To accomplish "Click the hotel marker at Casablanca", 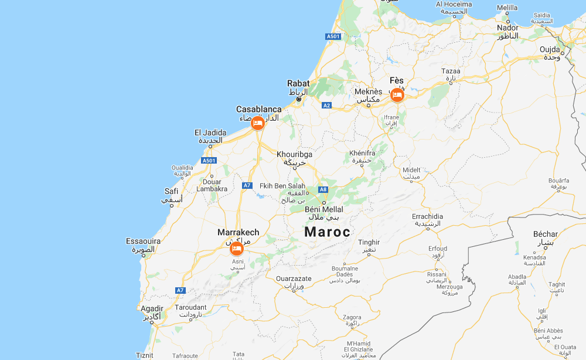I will click(x=257, y=123).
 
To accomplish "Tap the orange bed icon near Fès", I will click(x=397, y=94).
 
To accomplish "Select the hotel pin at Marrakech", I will click(x=237, y=249).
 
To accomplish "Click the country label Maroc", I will click(x=327, y=232).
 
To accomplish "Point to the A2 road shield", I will click(x=327, y=106).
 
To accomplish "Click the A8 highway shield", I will click(x=322, y=189).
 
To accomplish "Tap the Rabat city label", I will click(x=298, y=84).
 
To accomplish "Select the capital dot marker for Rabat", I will click(x=298, y=99).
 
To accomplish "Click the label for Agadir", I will click(x=151, y=308).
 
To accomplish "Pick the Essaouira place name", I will click(x=143, y=241).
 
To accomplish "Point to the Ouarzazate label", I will click(x=294, y=279).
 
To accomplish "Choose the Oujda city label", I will click(x=550, y=49).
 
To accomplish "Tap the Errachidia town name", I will click(x=427, y=216).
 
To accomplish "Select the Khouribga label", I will click(x=294, y=154).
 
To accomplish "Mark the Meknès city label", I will click(x=369, y=91).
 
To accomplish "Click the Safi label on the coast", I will click(x=171, y=191).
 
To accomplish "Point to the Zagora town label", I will click(x=352, y=317).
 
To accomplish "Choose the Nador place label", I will click(x=507, y=28).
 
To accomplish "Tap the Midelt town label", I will click(x=411, y=171).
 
